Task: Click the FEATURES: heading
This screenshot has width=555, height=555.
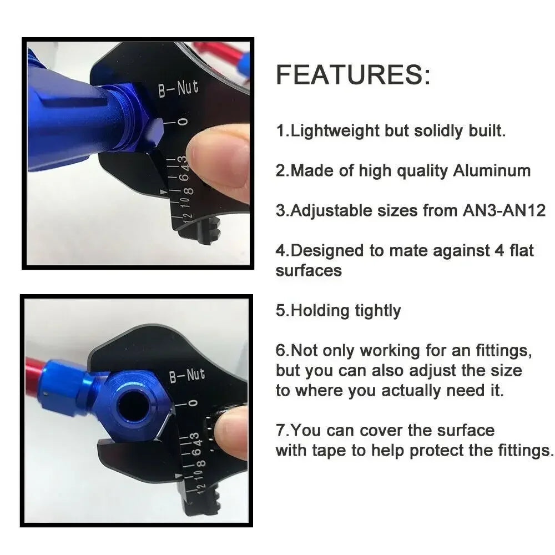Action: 353,75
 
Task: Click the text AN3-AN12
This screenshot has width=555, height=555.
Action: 504,210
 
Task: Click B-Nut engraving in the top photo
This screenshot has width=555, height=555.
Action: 178,88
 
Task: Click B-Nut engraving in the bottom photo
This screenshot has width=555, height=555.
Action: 186,376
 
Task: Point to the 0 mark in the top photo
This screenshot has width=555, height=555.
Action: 183,121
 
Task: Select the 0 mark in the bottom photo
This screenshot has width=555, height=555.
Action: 192,403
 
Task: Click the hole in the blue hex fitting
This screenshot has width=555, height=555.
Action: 131,405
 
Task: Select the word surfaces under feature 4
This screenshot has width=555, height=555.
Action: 309,270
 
